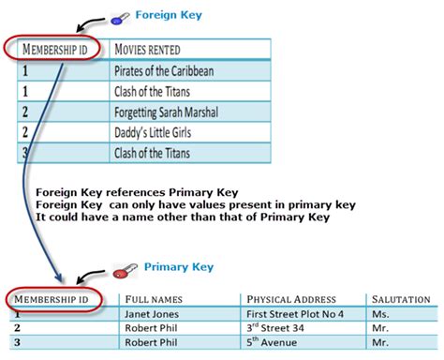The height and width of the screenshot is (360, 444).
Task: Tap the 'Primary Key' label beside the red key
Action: click(x=179, y=267)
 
